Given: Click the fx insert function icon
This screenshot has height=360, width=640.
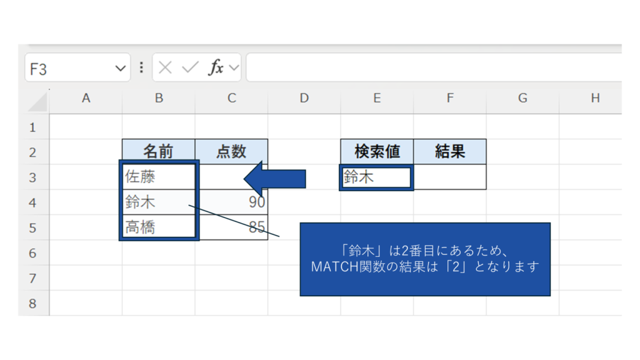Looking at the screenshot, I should pyautogui.click(x=216, y=68).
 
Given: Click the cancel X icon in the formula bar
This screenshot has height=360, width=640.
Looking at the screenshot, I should pyautogui.click(x=165, y=68).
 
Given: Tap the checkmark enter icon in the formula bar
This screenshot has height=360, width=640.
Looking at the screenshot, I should pyautogui.click(x=190, y=68).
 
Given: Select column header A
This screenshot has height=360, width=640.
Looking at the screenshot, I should pyautogui.click(x=86, y=98).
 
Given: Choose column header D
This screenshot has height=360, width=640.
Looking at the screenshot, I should pyautogui.click(x=304, y=98).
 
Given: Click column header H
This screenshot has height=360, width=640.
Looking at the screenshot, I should pyautogui.click(x=595, y=98).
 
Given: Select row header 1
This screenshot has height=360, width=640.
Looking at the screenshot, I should pyautogui.click(x=33, y=127).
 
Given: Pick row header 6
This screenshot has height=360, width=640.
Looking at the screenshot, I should pyautogui.click(x=33, y=253).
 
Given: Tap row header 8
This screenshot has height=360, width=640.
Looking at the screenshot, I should pyautogui.click(x=33, y=304).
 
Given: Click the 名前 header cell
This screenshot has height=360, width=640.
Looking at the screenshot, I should pyautogui.click(x=158, y=152).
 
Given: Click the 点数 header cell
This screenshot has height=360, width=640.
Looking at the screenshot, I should pyautogui.click(x=231, y=152).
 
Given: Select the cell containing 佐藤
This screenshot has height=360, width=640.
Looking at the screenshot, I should pyautogui.click(x=158, y=177).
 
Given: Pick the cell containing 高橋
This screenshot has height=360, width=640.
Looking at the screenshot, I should pyautogui.click(x=158, y=227).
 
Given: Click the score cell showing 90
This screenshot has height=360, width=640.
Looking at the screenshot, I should pyautogui.click(x=232, y=202).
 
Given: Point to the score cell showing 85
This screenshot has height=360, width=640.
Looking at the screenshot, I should pyautogui.click(x=232, y=227).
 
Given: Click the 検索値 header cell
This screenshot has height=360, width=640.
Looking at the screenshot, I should pyautogui.click(x=376, y=152).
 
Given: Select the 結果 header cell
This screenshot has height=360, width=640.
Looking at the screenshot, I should pyautogui.click(x=449, y=152).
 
